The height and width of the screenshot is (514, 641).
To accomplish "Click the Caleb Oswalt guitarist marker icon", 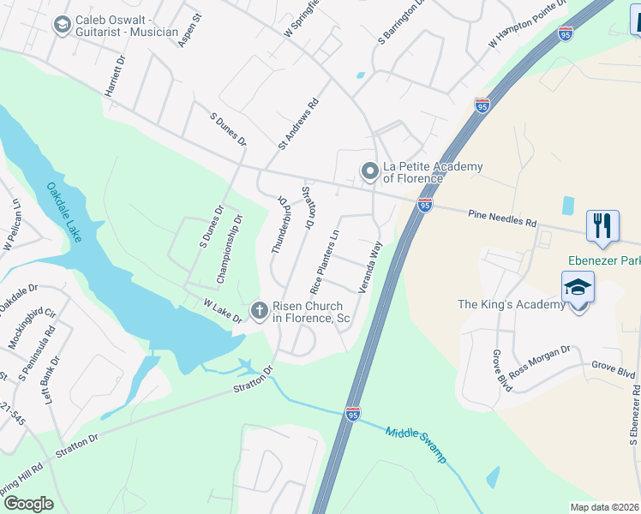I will (62, 25).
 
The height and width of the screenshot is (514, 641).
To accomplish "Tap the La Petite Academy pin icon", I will (370, 171).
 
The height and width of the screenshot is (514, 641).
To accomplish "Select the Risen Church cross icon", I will (260, 308).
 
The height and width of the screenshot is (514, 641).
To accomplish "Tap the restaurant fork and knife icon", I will (602, 225).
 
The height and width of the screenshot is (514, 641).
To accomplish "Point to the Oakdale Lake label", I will (64, 212).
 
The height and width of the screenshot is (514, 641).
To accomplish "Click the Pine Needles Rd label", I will (502, 219).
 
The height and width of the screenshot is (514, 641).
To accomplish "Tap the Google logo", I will (28, 504).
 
